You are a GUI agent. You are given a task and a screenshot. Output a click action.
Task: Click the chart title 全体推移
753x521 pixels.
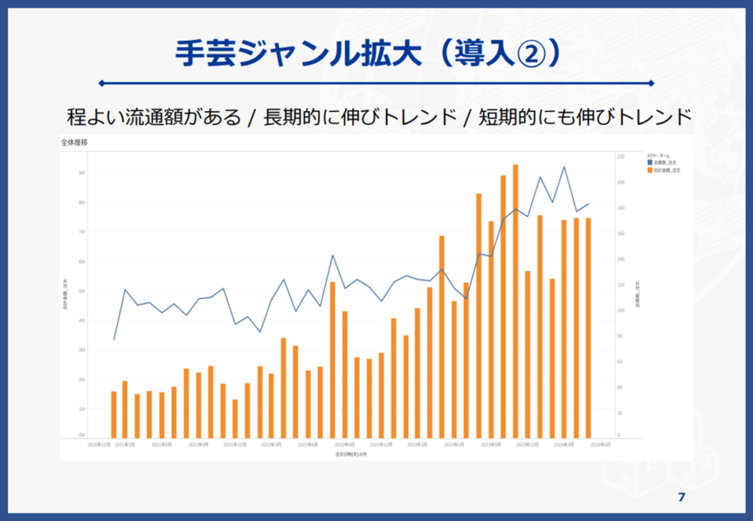point(74,143)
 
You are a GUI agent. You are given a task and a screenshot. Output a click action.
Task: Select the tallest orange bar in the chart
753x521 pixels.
point(515,301)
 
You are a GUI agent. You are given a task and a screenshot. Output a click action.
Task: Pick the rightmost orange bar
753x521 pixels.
point(588,328)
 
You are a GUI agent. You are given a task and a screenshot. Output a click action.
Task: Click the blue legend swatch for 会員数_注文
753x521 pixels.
point(649,163)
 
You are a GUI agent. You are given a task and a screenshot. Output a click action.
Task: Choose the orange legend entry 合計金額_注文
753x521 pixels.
point(665,170)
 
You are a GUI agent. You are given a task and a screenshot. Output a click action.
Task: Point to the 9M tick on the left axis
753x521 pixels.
point(82,173)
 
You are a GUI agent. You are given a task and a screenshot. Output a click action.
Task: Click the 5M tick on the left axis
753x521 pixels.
point(82,291)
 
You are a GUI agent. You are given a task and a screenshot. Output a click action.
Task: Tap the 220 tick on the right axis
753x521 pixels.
point(621,157)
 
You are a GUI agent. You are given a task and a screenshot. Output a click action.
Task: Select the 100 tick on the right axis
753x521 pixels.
point(621,311)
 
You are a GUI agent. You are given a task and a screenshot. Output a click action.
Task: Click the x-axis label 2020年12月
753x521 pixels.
point(99,445)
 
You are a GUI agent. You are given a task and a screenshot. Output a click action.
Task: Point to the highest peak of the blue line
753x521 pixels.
point(564,167)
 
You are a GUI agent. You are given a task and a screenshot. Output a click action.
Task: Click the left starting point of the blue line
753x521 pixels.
point(114,339)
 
